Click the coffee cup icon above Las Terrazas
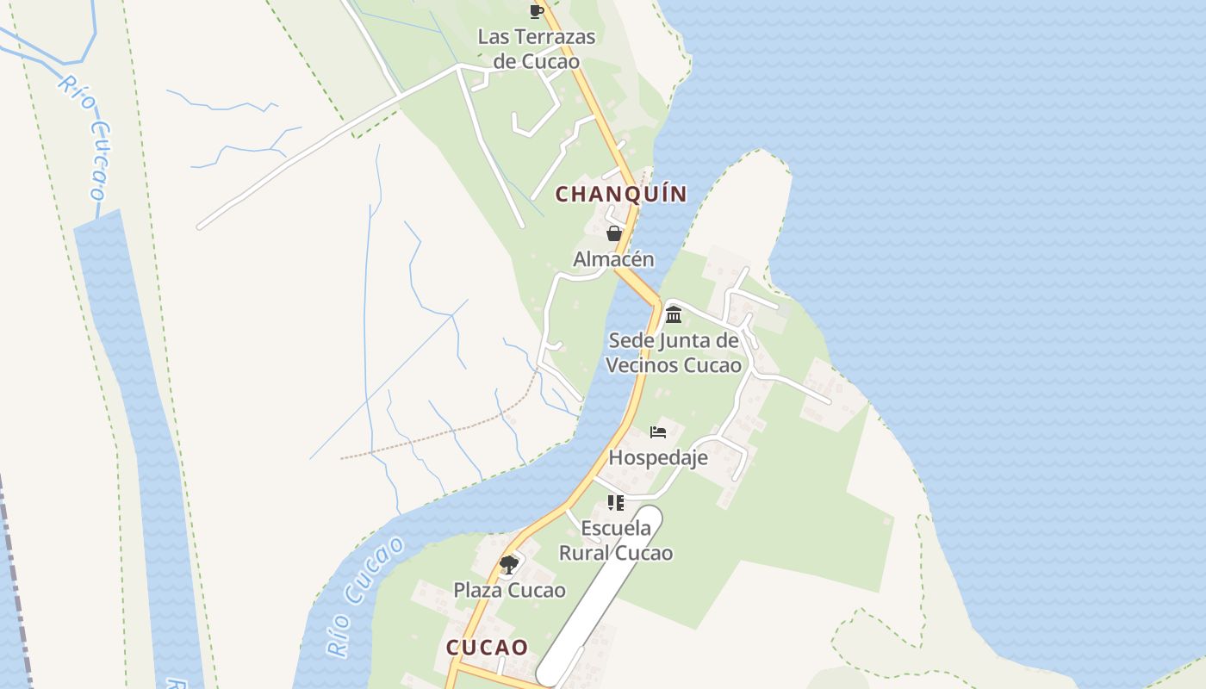(x=537, y=11)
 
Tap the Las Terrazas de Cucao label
(x=537, y=49)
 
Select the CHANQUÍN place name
(x=621, y=194)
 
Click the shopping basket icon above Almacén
(x=614, y=233)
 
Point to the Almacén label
(x=613, y=259)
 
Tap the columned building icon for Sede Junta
(x=674, y=313)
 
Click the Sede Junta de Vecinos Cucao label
(x=674, y=353)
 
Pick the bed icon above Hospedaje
(x=659, y=431)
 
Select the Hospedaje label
(x=658, y=457)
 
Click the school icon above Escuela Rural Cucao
(x=615, y=503)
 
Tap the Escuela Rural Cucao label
(x=616, y=540)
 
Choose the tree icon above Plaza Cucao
(x=509, y=565)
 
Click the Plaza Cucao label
(x=510, y=590)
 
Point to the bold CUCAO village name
(x=487, y=648)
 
